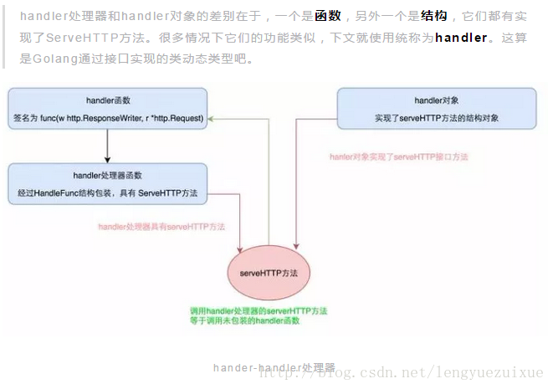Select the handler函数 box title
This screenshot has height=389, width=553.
108,100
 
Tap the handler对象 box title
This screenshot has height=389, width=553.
436,100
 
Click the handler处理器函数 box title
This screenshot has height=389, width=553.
108,175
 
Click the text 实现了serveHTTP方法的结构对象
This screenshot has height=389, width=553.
436,119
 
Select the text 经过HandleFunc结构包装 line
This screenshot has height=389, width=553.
108,193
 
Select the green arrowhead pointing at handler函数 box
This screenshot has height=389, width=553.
212,119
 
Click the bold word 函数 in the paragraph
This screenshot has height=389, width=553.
328,16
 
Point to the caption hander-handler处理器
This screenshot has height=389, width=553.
274,368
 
